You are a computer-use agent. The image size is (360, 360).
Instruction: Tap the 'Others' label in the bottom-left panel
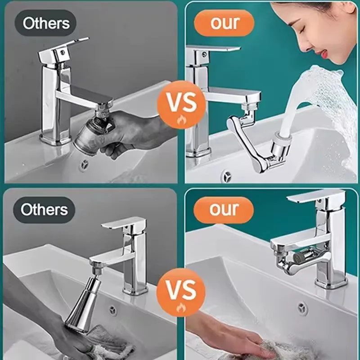44,210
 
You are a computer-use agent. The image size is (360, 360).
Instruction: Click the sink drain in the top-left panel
84,165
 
